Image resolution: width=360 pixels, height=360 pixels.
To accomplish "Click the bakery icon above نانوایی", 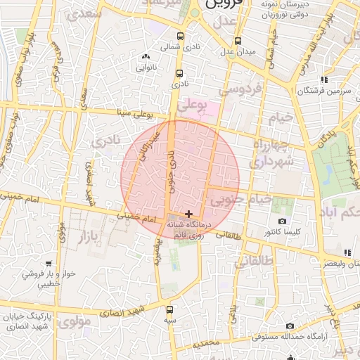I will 146,56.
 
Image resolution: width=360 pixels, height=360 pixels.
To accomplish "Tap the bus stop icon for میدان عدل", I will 238,40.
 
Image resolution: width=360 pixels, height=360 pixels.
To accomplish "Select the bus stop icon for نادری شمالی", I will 180,37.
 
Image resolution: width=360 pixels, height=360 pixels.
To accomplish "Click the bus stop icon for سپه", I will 169,309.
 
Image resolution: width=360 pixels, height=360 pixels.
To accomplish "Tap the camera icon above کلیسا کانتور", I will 283,221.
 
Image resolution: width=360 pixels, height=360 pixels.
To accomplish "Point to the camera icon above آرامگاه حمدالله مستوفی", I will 290,326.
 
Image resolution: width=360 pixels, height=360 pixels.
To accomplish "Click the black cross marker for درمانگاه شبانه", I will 188,213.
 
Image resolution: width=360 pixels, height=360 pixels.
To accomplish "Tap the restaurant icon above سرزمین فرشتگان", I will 323,79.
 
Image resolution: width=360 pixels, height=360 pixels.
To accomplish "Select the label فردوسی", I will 240,89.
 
